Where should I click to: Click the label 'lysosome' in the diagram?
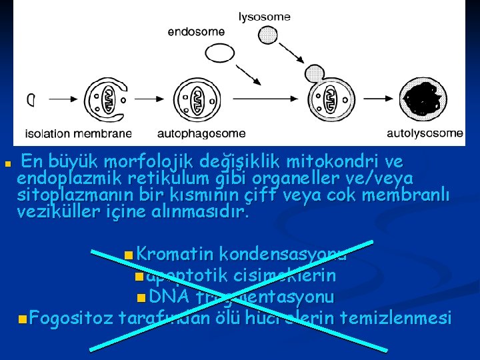[265, 17]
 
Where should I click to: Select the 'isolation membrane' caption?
[78, 133]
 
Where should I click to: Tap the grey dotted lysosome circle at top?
[268, 35]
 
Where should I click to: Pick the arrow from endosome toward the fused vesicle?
[245, 71]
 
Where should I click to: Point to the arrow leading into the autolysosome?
[377, 100]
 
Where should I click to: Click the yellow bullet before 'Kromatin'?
[127, 254]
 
